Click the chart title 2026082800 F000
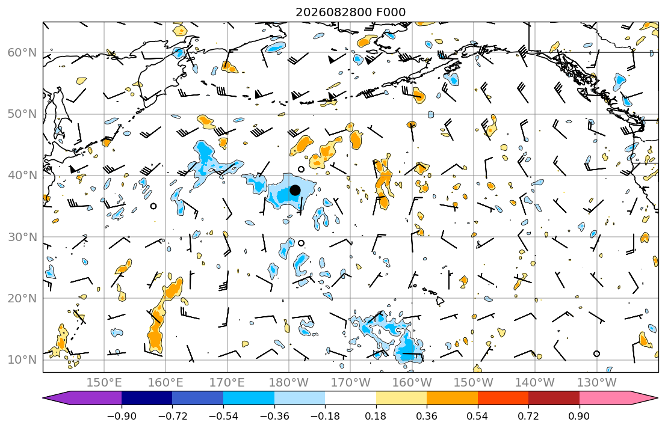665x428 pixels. pos(350,12)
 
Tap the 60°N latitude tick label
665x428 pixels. pos(22,52)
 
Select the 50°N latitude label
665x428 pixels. pos(22,114)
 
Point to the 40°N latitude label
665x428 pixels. pos(22,176)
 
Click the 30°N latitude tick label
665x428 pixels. pos(22,237)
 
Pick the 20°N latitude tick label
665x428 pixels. pos(22,298)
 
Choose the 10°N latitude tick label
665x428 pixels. pos(22,360)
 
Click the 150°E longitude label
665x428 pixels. pos(104,383)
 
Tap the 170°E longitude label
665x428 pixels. pos(227,383)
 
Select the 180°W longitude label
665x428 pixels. pos(289,383)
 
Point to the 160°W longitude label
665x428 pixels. pos(412,383)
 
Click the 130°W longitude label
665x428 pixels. pos(597,383)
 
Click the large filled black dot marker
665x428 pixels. pos(295,191)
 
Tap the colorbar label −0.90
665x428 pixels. pos(122,416)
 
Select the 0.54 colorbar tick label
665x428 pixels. pos(478,416)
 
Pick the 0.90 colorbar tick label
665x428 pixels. pos(580,416)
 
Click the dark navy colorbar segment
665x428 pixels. pos(147,398)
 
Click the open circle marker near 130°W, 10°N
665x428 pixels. pos(597,353)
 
